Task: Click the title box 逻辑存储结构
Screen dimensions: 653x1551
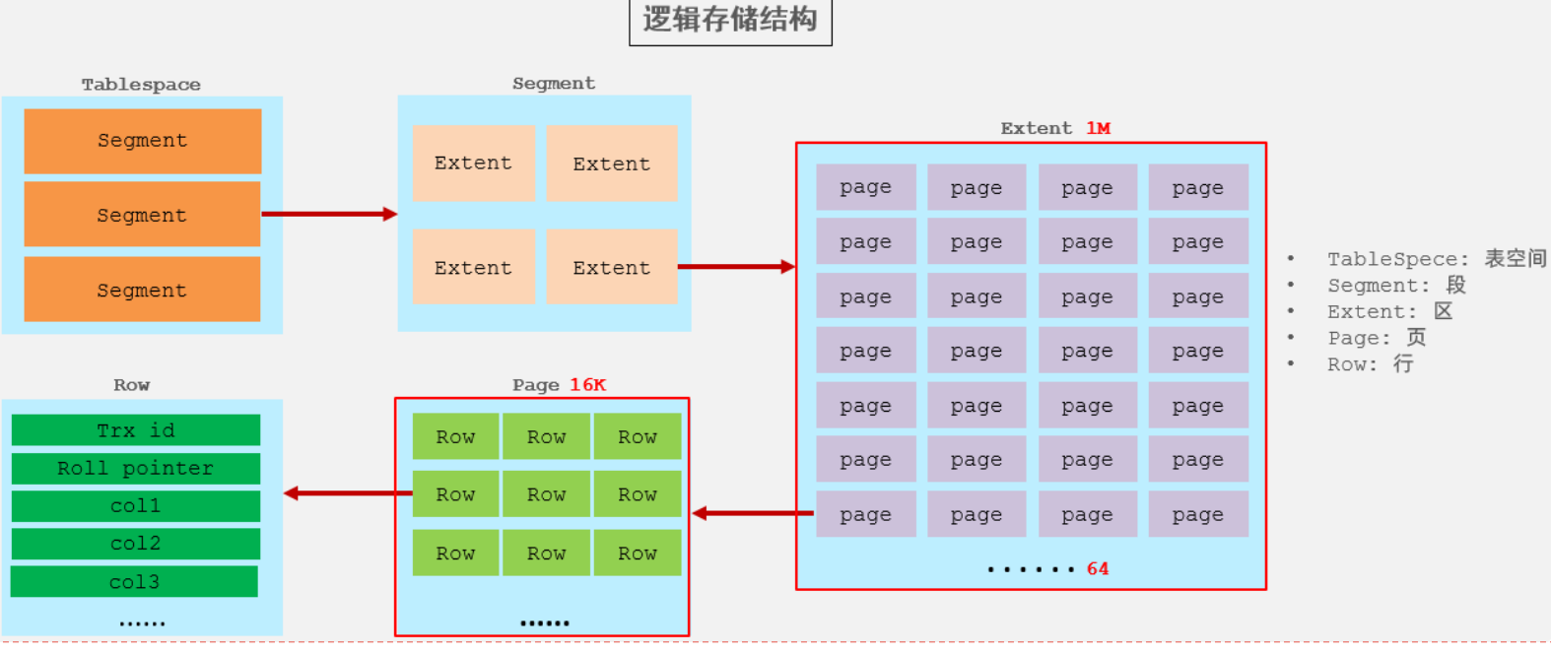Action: (x=730, y=21)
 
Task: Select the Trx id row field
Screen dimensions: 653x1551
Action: (x=136, y=430)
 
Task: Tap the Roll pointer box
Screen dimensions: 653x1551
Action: (x=136, y=468)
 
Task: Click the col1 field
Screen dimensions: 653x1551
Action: (x=136, y=505)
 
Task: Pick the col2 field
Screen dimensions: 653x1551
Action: (x=136, y=544)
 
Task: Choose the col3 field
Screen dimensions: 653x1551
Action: (x=134, y=581)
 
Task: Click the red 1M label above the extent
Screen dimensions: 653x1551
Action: (x=1098, y=128)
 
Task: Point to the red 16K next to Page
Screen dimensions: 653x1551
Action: (x=587, y=385)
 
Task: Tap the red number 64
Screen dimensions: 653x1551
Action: (x=1098, y=568)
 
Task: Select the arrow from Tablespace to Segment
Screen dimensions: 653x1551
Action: (x=329, y=214)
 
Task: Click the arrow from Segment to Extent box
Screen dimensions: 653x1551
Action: (x=736, y=266)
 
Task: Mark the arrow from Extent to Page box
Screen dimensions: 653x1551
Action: (x=753, y=513)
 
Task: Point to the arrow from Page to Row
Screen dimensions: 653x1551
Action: (x=347, y=492)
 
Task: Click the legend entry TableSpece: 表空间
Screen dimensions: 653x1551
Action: (x=1436, y=259)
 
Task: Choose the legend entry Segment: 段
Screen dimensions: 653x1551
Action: (x=1396, y=286)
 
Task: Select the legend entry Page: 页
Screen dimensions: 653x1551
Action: (x=1376, y=338)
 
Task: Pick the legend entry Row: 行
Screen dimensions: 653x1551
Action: (x=1370, y=364)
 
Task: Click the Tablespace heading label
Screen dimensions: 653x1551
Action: (x=141, y=85)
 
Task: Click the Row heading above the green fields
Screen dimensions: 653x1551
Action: (x=131, y=385)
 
